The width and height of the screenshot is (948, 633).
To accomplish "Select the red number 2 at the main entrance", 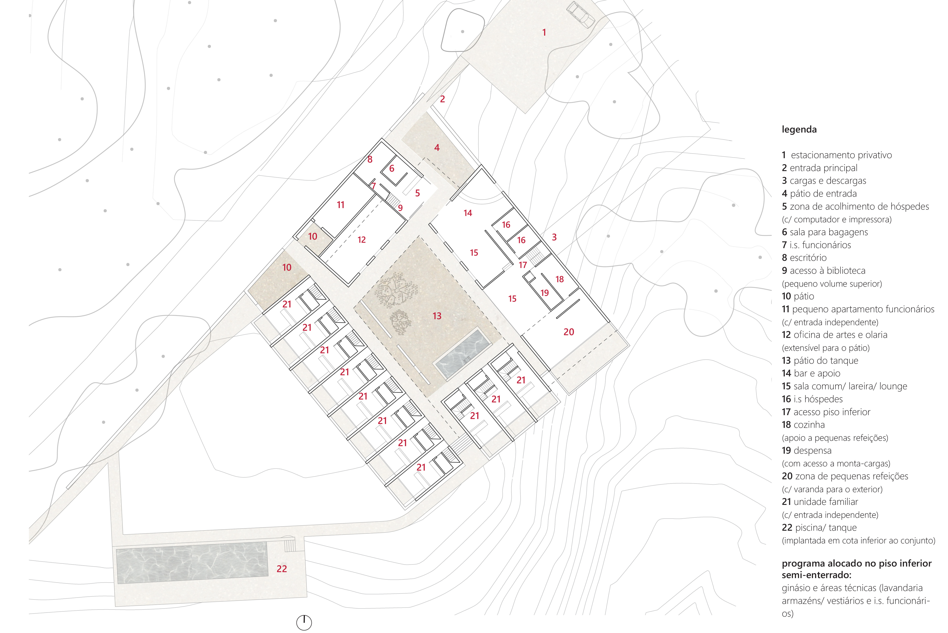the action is [x=443, y=99].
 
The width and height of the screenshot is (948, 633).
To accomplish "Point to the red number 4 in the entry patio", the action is [x=437, y=148].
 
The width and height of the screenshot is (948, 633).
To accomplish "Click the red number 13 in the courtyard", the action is [x=437, y=316].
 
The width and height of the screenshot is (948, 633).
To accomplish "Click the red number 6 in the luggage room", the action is [x=392, y=168].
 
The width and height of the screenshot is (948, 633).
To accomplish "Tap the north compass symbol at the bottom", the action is [x=304, y=622].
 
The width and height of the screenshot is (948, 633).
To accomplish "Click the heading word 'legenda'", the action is [x=799, y=130].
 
